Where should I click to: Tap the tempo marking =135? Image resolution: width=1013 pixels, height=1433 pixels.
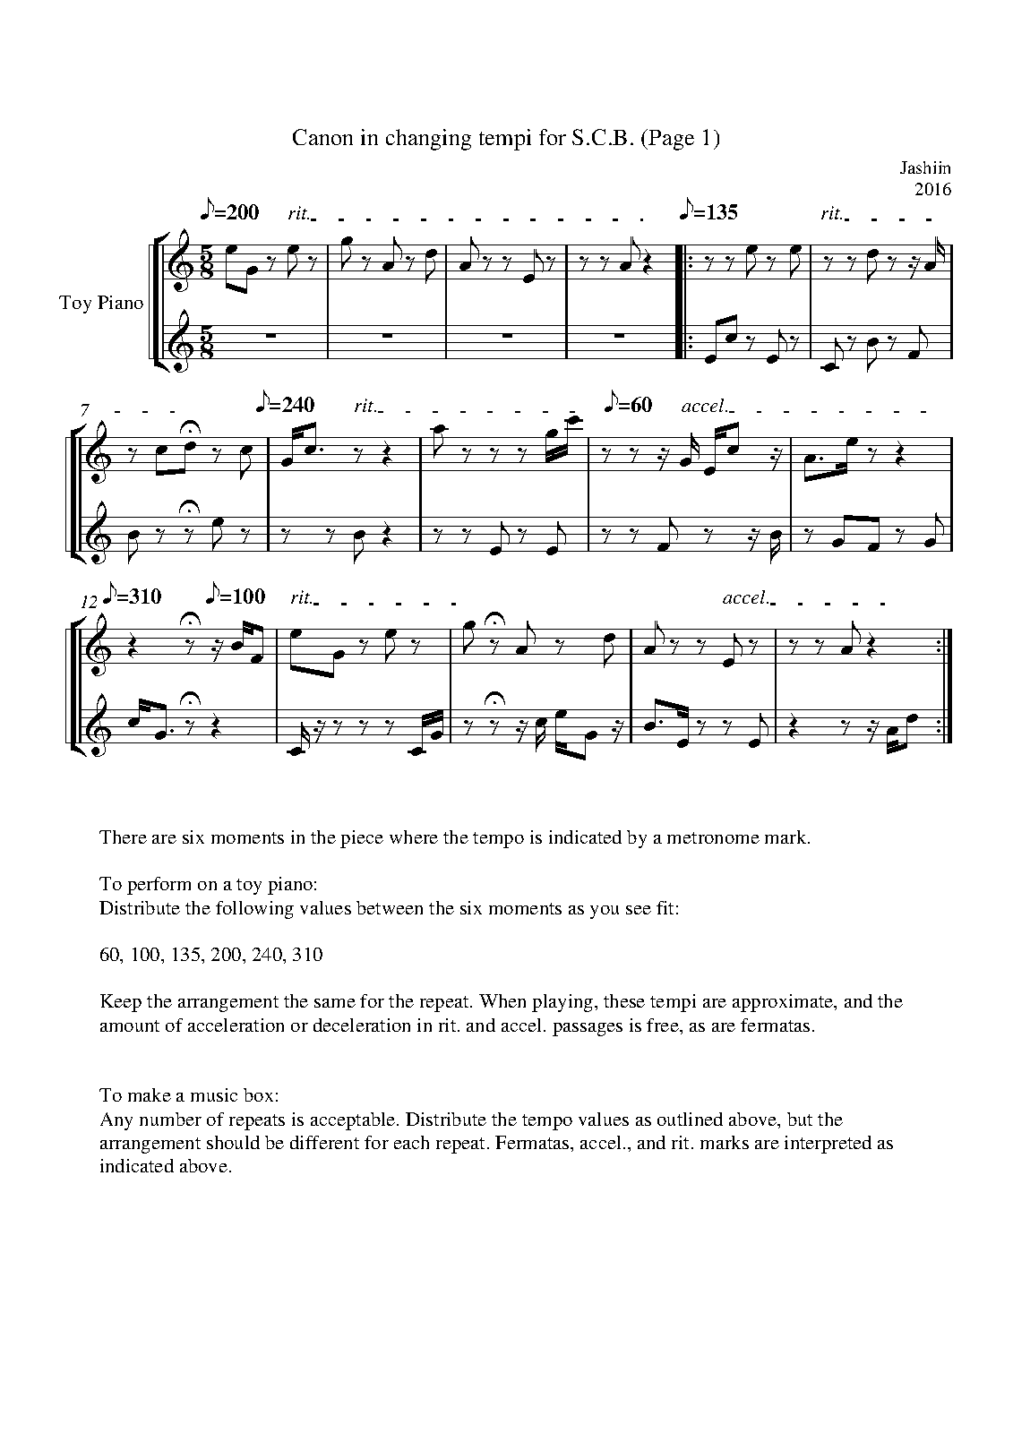coord(710,213)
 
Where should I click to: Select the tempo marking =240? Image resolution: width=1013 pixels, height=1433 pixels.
coord(286,405)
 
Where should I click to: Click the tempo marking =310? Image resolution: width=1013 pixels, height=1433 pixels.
coord(133,596)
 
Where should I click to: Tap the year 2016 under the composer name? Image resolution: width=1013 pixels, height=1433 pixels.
coord(931,189)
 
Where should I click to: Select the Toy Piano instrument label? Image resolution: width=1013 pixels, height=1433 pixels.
coord(101,303)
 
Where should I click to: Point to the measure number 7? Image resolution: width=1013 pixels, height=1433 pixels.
coord(83,409)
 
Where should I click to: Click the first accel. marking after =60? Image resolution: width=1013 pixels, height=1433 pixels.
coord(706,407)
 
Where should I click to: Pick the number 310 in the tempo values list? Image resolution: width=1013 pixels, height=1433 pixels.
coord(307,955)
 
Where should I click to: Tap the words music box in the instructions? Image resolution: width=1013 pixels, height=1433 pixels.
coord(246,1095)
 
